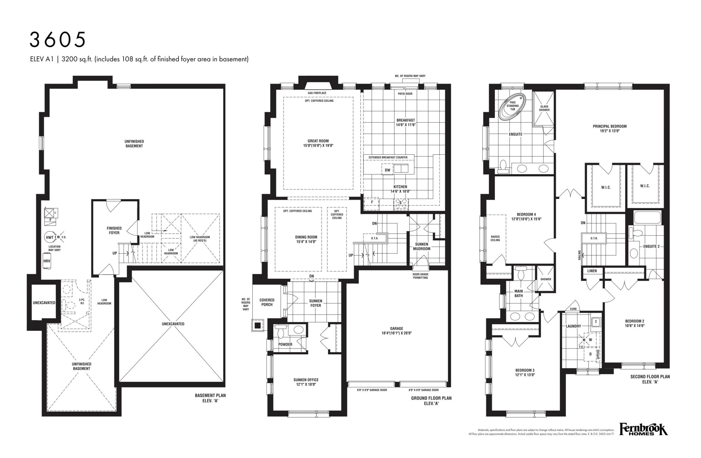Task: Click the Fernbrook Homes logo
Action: [x=643, y=429]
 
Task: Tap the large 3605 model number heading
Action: [x=58, y=40]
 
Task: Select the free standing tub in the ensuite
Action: [x=512, y=106]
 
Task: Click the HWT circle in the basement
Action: [x=50, y=237]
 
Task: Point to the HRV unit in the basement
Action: [x=47, y=261]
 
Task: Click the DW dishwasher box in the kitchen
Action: [x=387, y=170]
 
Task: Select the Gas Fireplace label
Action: [x=317, y=93]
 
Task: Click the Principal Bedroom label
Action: [x=610, y=129]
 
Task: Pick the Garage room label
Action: [x=397, y=330]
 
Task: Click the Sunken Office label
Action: [x=306, y=382]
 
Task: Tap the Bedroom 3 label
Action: [x=525, y=372]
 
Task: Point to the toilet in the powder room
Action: [x=281, y=331]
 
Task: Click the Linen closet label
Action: [x=592, y=271]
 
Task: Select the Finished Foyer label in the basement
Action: [x=114, y=230]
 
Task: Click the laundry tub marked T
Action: [x=596, y=322]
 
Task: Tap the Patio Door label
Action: [x=405, y=94]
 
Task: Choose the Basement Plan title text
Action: [x=210, y=398]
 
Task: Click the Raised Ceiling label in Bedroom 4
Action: [x=495, y=238]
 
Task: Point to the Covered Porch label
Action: [x=267, y=302]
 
